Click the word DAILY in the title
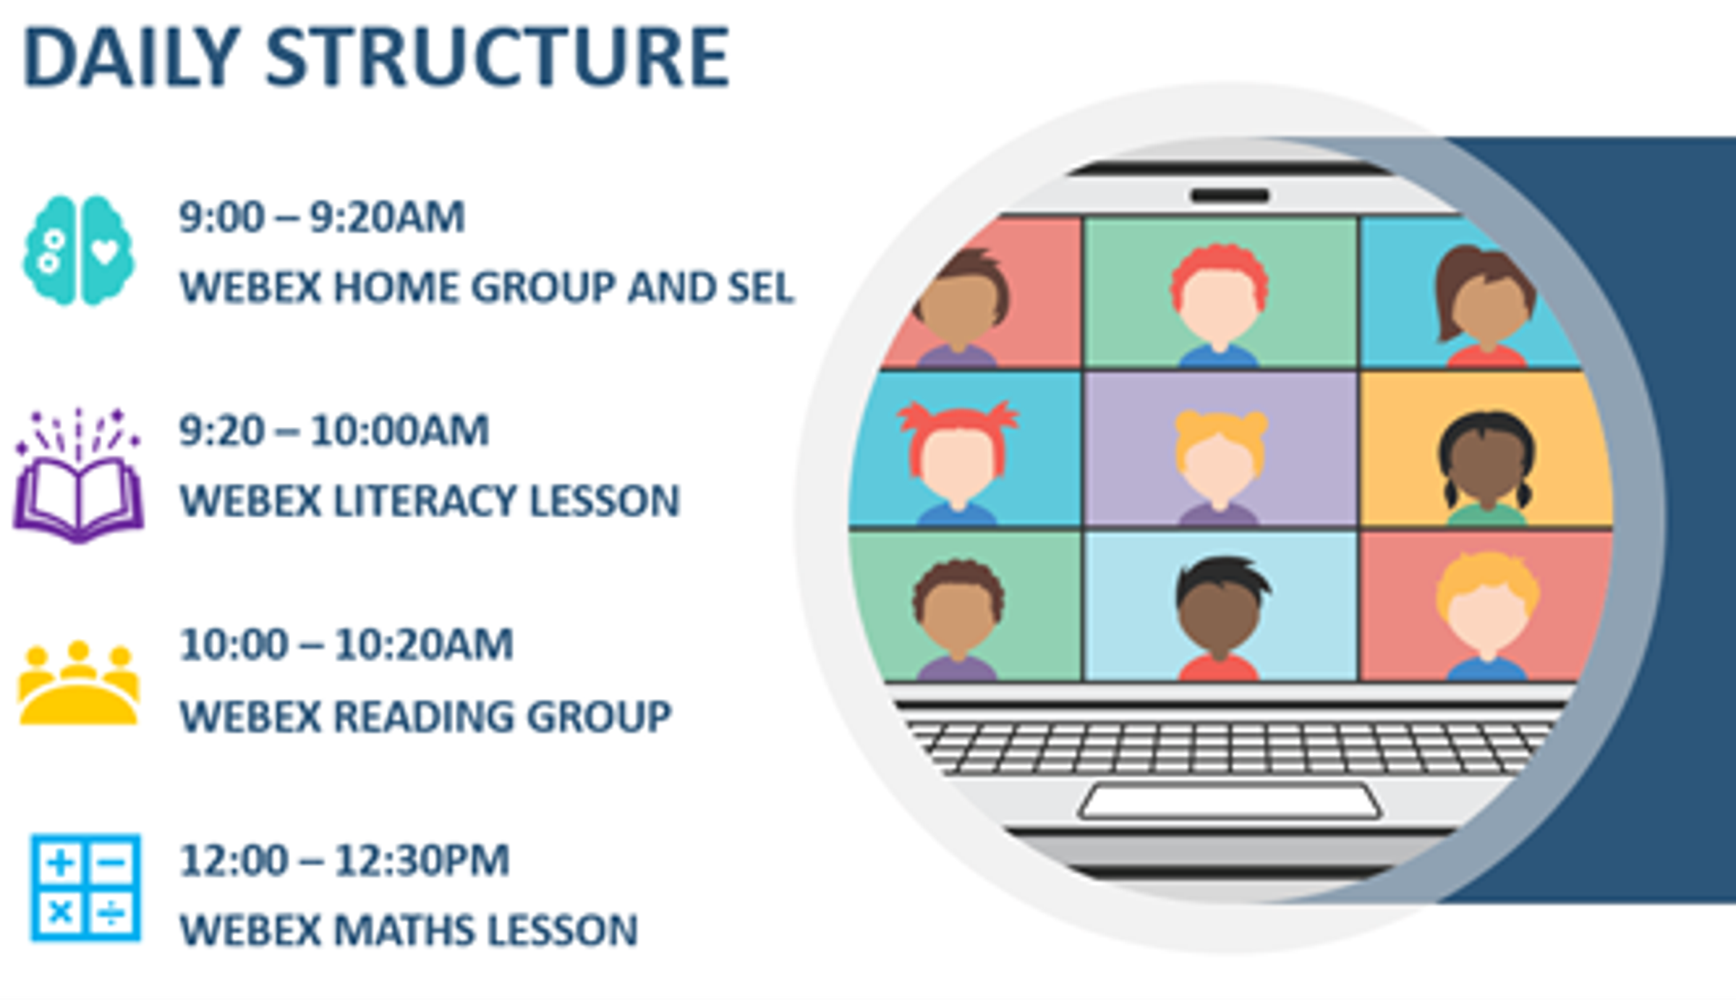[x=131, y=56]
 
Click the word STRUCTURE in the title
[x=498, y=56]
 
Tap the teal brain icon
[x=78, y=250]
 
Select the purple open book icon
[x=78, y=475]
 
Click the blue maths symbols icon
[x=85, y=888]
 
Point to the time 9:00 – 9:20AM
[x=322, y=216]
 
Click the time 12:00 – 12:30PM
[x=344, y=860]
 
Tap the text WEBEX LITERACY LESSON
[x=430, y=501]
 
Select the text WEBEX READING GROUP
[x=425, y=716]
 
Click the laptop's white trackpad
[x=1230, y=802]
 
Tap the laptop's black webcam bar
[x=1230, y=195]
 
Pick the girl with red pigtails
[x=958, y=463]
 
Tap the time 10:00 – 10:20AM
[x=346, y=645]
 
